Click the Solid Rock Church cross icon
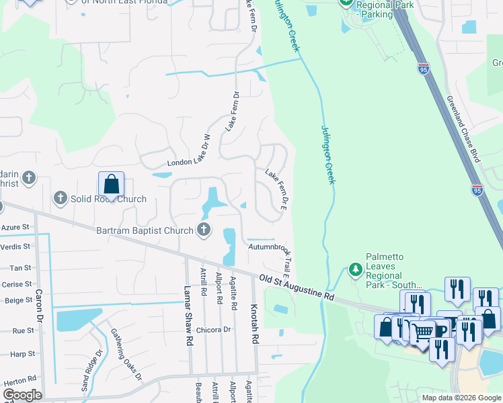(x=61, y=198)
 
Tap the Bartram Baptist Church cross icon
(x=204, y=230)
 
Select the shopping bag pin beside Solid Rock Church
(x=112, y=184)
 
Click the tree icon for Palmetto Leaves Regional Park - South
(x=355, y=269)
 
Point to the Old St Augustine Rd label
(x=297, y=285)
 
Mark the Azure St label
(x=15, y=228)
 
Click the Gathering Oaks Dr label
(x=126, y=357)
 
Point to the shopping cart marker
(x=422, y=331)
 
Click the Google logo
(x=22, y=395)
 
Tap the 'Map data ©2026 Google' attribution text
(x=461, y=398)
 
